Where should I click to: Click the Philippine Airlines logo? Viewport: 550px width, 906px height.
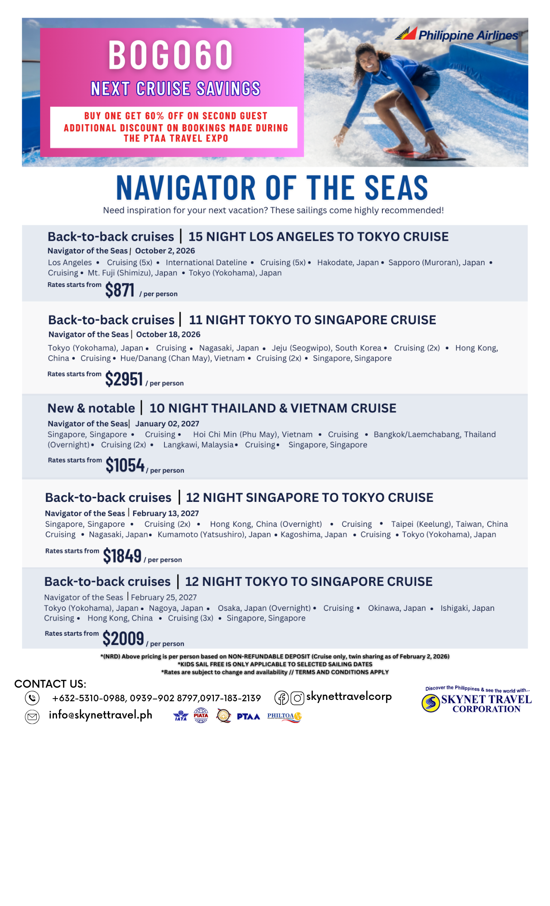point(457,34)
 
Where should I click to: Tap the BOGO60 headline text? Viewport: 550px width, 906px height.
point(170,55)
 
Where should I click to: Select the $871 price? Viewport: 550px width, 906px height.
point(120,290)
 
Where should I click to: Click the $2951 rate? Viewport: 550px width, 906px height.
point(124,379)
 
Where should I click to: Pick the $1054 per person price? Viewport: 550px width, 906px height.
point(125,465)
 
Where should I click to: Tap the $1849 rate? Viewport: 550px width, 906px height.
point(122,556)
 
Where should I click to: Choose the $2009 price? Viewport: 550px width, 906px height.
point(123,639)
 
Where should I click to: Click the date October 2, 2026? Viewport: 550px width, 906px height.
point(165,251)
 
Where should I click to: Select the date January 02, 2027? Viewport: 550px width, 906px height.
point(167,424)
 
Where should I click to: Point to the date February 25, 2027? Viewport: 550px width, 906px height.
point(164,598)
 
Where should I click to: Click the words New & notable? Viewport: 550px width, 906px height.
point(91,408)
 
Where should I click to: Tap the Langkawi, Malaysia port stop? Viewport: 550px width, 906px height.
point(198,445)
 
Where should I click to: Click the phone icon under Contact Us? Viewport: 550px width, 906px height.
point(32,698)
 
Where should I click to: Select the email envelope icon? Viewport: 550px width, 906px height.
point(32,717)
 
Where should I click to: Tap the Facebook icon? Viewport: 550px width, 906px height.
point(281,698)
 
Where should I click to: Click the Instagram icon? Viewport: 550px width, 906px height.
point(297,698)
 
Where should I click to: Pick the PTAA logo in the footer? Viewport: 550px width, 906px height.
point(248,717)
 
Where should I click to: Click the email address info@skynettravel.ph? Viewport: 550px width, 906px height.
point(101,715)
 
